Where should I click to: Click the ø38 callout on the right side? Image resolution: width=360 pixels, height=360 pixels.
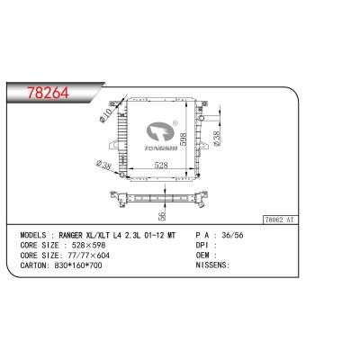point(215,137)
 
